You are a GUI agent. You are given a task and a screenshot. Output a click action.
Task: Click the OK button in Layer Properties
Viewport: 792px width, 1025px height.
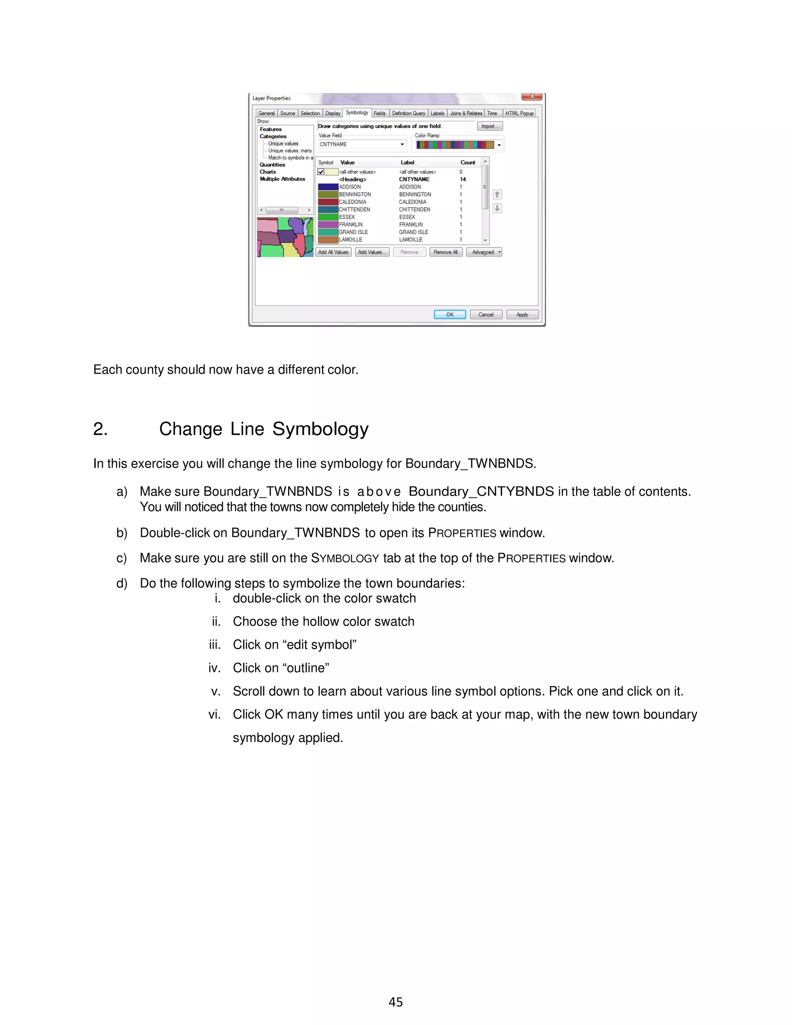click(x=449, y=314)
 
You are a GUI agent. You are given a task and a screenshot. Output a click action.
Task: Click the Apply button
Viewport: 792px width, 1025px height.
click(x=522, y=314)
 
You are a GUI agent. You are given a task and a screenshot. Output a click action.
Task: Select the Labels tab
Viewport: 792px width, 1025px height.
click(x=437, y=113)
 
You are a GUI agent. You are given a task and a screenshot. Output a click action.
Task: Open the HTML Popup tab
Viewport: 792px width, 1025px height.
click(x=519, y=113)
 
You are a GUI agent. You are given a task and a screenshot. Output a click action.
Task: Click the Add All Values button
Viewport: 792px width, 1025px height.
click(x=333, y=252)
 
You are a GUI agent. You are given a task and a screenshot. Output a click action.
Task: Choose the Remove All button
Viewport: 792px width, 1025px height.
click(x=445, y=252)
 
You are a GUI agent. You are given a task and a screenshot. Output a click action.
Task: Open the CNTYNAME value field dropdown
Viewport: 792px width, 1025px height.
click(x=402, y=145)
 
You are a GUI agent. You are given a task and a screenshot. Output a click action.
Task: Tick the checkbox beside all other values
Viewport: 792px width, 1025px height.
click(x=321, y=172)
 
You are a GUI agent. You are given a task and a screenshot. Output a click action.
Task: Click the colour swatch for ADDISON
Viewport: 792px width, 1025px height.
click(x=328, y=187)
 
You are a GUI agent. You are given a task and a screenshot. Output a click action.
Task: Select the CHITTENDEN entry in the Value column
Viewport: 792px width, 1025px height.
click(x=354, y=209)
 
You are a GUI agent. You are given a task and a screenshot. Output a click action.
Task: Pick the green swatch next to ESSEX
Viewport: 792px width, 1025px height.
click(x=328, y=217)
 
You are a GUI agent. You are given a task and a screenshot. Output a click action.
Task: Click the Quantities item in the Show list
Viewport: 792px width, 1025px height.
click(x=272, y=165)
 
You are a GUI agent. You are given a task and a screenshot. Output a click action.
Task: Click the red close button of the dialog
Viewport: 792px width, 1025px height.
click(x=532, y=96)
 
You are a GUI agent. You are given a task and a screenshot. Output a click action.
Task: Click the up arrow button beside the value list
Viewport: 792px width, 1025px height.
click(x=497, y=194)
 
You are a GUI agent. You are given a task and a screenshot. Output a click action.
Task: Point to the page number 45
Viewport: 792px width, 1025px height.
click(x=396, y=1002)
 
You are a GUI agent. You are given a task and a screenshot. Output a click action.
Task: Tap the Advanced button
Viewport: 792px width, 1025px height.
click(x=484, y=252)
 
